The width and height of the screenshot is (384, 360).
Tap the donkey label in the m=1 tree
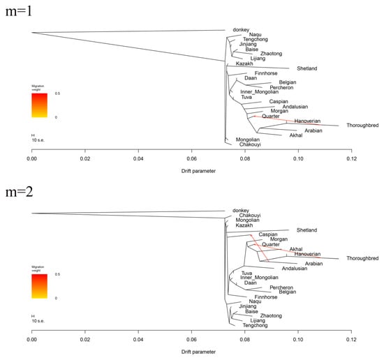click(241, 29)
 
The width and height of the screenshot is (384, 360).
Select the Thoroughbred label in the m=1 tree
click(357, 126)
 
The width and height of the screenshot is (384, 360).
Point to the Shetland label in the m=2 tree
click(307, 230)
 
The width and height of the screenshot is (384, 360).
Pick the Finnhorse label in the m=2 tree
click(266, 297)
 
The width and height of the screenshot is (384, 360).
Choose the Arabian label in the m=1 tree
click(313, 130)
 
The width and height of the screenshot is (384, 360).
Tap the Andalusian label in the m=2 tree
click(295, 269)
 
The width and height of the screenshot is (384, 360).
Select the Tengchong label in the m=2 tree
click(254, 325)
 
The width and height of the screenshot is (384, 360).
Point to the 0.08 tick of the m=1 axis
click(244, 159)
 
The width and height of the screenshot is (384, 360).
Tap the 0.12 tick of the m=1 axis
click(350, 159)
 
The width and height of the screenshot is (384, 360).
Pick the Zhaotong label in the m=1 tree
click(271, 54)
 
